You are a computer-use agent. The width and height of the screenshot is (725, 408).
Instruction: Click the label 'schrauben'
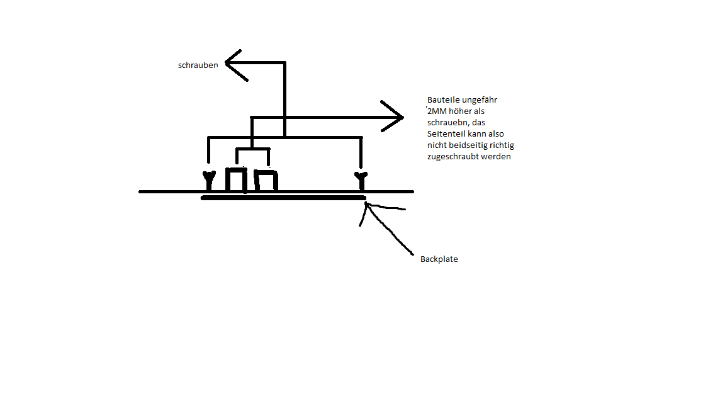click(198, 65)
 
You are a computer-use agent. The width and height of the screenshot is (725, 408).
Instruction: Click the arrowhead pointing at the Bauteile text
click(398, 117)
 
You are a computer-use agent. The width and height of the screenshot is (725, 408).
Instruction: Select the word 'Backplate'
click(439, 259)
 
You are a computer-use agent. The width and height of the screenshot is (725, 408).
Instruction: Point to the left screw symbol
click(208, 180)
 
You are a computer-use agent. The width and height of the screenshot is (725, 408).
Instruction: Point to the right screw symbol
click(361, 180)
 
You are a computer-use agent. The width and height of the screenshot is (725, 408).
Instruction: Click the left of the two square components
click(237, 179)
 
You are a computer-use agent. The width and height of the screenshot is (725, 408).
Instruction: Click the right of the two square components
click(266, 181)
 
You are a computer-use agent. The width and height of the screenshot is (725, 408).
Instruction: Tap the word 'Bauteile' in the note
click(443, 100)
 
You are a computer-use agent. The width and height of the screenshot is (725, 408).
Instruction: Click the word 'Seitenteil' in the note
click(446, 134)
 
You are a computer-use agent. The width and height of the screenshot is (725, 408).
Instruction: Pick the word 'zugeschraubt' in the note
click(452, 157)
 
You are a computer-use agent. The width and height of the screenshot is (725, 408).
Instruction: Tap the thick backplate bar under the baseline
click(283, 198)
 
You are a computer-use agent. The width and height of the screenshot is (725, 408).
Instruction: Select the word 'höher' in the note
click(464, 111)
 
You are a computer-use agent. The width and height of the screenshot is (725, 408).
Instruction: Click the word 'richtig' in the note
click(501, 145)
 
